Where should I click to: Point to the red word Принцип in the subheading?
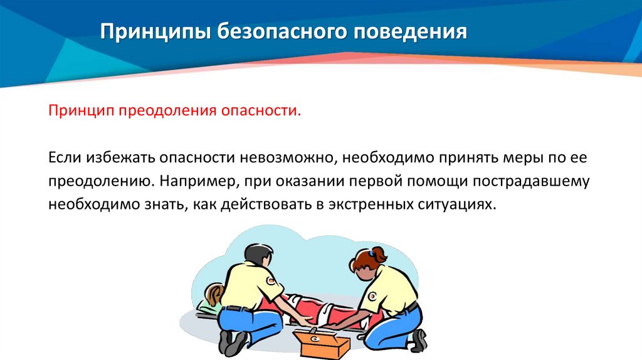75,111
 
